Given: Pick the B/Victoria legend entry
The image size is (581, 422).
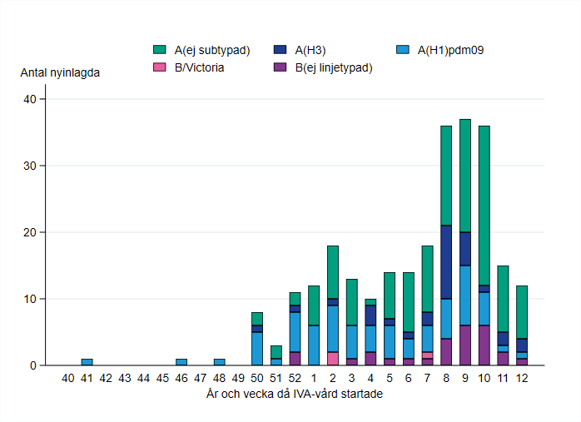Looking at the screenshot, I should pos(199,67).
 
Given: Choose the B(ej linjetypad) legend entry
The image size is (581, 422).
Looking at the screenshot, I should pos(332,67).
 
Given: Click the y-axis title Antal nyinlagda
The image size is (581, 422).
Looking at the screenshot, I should pos(61,72).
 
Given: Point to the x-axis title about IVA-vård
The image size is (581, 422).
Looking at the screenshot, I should pos(295,395).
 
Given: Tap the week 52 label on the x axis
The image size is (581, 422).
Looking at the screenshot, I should pos(295,379).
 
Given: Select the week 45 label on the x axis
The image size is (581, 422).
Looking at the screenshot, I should pos(162,379).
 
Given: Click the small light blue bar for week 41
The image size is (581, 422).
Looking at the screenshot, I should pos(87,362).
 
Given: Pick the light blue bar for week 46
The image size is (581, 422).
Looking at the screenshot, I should pos(181,362).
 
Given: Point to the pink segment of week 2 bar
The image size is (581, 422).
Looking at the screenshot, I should pos(332,359).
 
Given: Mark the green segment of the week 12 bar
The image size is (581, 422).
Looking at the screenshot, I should pos(522,312).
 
